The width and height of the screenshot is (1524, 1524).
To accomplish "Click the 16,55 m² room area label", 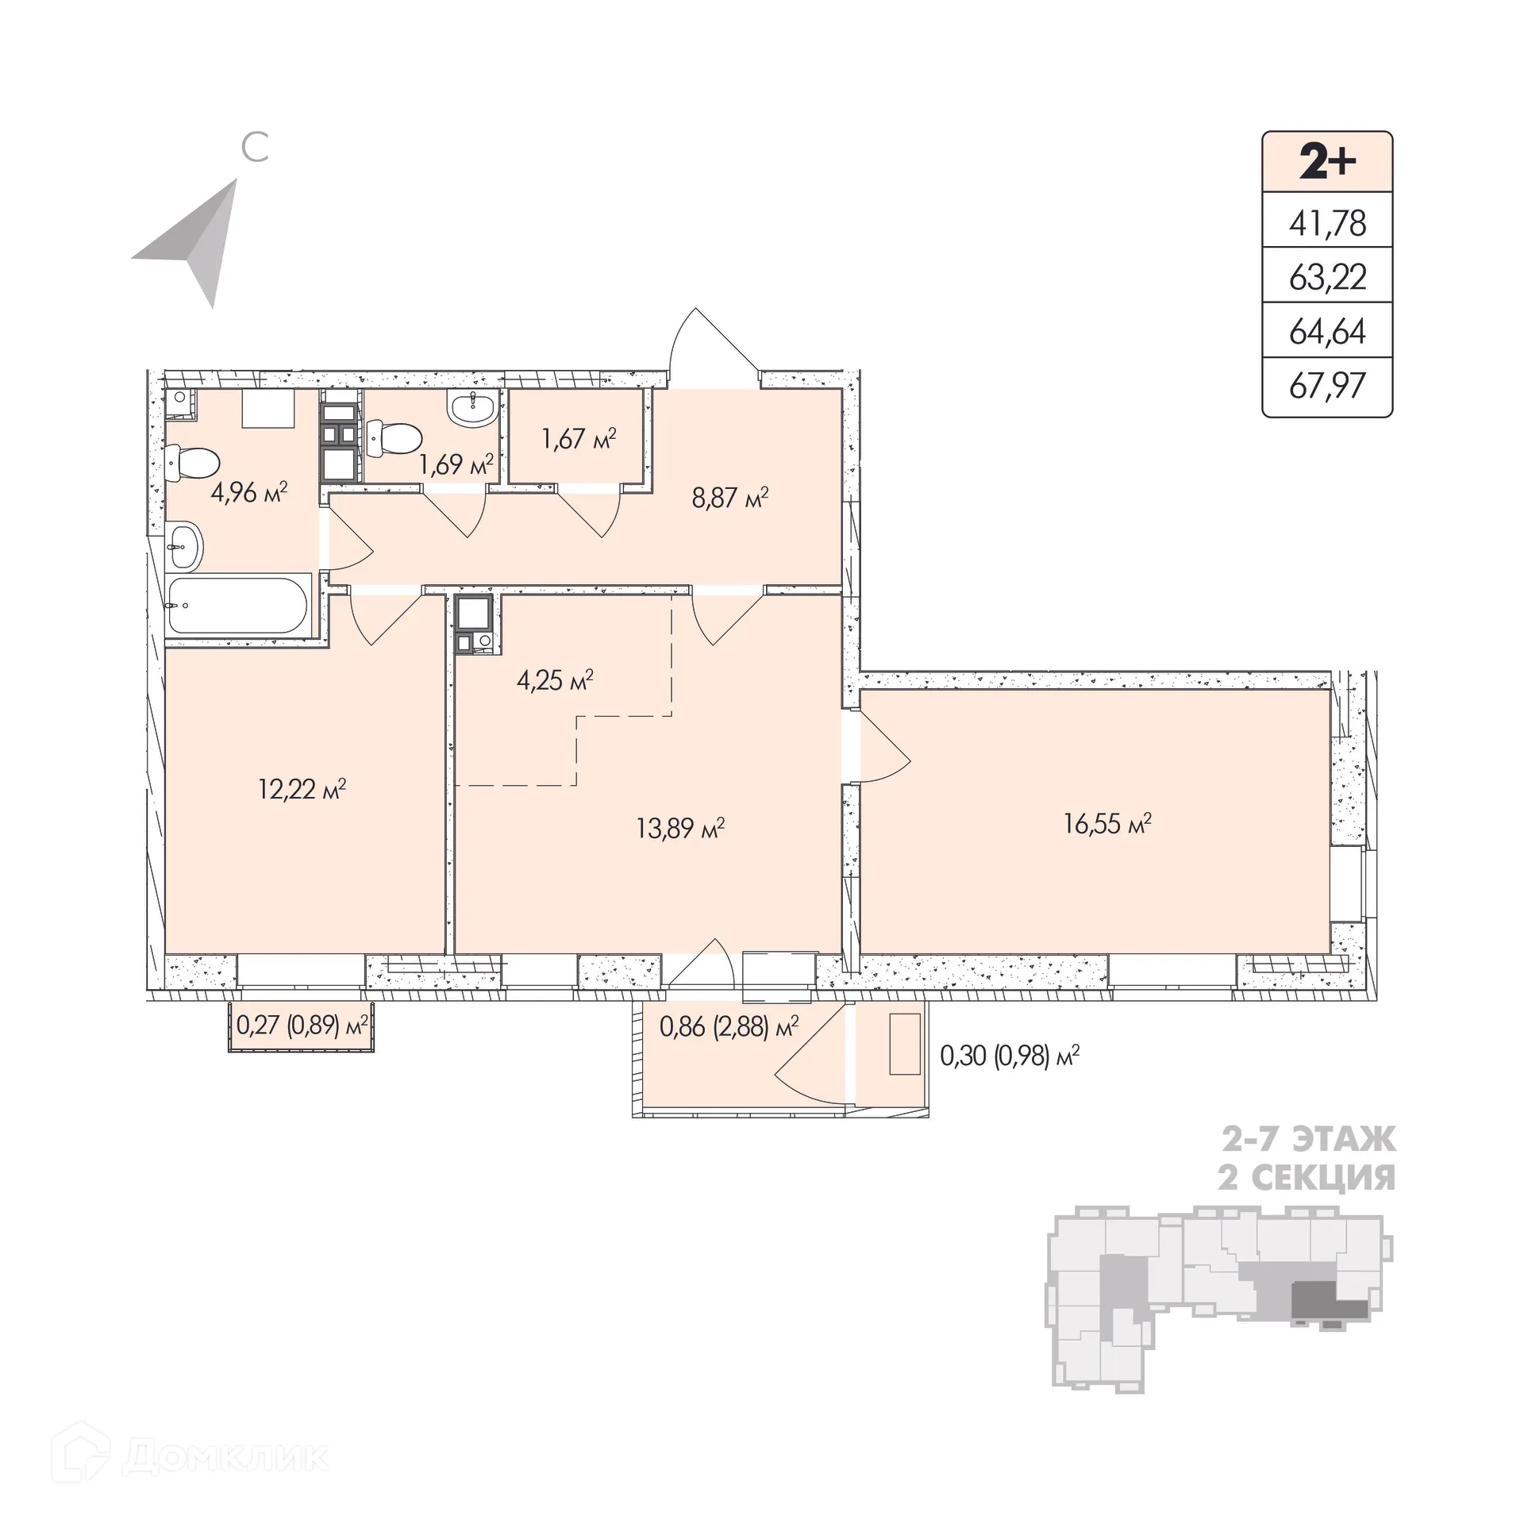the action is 1107,824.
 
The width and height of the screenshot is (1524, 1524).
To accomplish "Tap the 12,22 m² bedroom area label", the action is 302,789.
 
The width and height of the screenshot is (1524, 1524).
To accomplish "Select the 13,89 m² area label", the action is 680,829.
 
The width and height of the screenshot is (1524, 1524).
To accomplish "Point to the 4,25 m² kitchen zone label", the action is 555,680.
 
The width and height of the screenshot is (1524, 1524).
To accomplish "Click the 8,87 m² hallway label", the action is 730,498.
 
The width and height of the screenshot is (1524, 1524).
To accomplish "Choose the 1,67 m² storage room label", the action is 579,438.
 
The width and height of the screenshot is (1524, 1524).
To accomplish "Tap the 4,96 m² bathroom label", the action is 248,493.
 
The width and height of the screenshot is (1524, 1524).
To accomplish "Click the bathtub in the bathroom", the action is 237,606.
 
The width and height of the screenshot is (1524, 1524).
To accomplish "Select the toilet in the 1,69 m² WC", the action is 394,436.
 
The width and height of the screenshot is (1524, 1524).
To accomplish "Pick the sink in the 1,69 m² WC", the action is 474,409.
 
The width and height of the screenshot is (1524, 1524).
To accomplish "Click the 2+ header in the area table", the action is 1327,162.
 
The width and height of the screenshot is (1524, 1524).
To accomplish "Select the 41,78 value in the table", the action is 1327,224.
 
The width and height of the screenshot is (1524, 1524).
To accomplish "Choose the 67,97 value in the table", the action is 1327,386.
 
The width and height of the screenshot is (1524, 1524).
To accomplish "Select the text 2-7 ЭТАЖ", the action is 1307,1141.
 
